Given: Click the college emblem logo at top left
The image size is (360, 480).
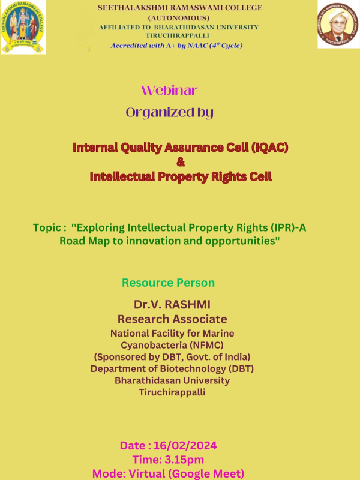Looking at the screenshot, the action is click(23, 27).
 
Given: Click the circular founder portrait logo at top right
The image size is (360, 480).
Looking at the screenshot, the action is click(338, 24).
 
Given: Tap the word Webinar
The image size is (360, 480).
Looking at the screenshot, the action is click(169, 91).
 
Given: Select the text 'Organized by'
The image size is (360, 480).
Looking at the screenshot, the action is click(170, 113).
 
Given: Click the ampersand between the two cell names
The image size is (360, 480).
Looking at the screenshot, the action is click(181, 162).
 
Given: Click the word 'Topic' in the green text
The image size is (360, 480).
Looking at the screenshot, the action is click(47, 228).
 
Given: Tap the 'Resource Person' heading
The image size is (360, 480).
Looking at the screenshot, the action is click(169, 283).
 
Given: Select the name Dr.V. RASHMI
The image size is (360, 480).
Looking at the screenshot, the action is click(172, 305).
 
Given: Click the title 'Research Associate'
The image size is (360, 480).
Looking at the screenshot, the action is click(172, 319).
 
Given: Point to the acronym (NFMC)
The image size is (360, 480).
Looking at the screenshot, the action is click(206, 345).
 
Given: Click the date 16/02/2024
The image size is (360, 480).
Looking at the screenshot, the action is click(185, 445).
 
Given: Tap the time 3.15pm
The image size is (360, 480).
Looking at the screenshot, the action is click(184, 460).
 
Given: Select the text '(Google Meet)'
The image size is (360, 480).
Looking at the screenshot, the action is click(206, 474).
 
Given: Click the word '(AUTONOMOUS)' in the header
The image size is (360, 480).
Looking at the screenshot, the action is click(179, 18).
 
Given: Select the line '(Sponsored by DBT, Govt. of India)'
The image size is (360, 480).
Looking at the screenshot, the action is click(172, 357).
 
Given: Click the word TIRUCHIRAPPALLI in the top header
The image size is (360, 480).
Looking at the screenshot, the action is click(177, 35).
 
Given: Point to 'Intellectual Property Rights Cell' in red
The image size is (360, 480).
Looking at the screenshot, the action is click(181, 176).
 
